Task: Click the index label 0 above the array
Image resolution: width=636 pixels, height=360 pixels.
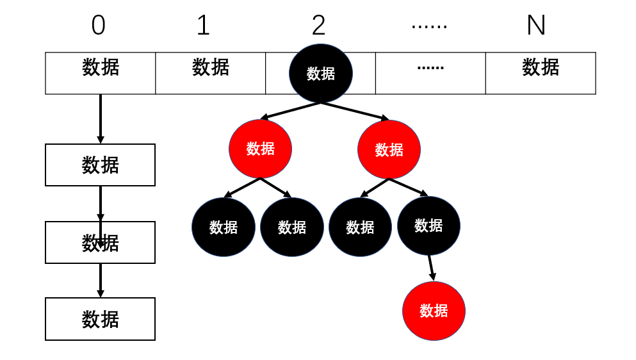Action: (98, 26)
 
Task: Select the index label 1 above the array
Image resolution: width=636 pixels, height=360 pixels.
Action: (203, 26)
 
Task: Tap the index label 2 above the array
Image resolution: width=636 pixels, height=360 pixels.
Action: (318, 26)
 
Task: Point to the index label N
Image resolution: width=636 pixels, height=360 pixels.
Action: (535, 26)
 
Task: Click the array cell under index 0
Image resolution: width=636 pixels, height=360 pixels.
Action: (100, 73)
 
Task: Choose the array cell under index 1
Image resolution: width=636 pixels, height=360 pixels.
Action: (210, 73)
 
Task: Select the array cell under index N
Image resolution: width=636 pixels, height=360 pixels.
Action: (541, 73)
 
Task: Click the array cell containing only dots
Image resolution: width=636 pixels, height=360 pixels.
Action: (430, 73)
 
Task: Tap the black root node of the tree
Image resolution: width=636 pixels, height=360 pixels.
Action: (321, 73)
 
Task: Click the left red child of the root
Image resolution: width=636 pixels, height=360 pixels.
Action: (260, 149)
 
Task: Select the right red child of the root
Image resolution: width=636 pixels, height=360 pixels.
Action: (389, 149)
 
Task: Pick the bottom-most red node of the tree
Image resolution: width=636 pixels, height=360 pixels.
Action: (434, 311)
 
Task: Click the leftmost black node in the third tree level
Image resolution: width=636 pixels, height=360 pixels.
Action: (223, 227)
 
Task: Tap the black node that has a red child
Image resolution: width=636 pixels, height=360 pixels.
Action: (428, 225)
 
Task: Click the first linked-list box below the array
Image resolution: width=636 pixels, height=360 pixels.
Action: (100, 165)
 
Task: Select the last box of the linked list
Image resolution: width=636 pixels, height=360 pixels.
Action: (100, 318)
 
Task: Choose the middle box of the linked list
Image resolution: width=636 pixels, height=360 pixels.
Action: (100, 242)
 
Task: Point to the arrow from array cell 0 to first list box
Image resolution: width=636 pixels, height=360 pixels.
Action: (100, 119)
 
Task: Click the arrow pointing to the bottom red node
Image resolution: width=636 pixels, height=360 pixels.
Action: (431, 268)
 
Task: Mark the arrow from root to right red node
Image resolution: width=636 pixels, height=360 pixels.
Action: (355, 111)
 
